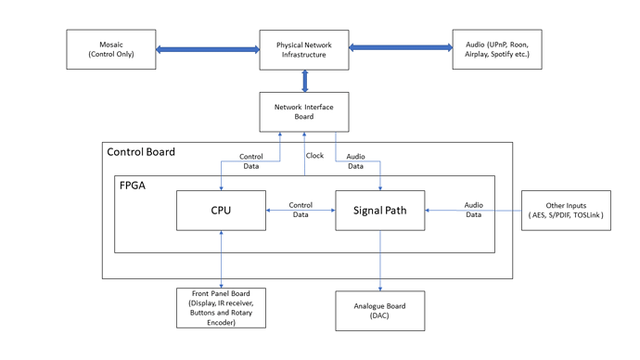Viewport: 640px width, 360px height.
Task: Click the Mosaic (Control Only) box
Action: pos(111,49)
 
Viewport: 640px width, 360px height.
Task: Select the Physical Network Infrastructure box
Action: pos(303,49)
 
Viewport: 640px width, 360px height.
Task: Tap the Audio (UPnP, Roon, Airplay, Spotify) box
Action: pos(496,49)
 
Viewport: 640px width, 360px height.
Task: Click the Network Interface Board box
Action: pos(303,111)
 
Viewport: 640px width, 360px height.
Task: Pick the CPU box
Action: pos(222,211)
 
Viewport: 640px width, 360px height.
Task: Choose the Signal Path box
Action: pos(380,211)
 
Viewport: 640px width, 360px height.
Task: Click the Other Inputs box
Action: pos(567,211)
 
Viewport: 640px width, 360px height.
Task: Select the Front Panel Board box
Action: pos(221,307)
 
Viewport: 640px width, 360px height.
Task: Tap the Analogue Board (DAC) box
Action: pos(380,310)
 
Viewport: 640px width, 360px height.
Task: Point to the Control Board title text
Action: pos(141,152)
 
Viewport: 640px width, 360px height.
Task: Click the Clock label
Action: pos(315,156)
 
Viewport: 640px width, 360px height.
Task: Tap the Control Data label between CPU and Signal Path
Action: pos(301,209)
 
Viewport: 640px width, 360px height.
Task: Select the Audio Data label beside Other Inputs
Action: pos(473,209)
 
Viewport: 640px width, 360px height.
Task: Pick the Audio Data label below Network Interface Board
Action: pos(355,161)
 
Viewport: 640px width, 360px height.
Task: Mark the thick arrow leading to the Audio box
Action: pos(400,46)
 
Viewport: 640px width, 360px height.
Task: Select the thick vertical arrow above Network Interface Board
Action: pos(303,81)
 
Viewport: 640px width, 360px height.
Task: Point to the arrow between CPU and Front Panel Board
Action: pos(221,260)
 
